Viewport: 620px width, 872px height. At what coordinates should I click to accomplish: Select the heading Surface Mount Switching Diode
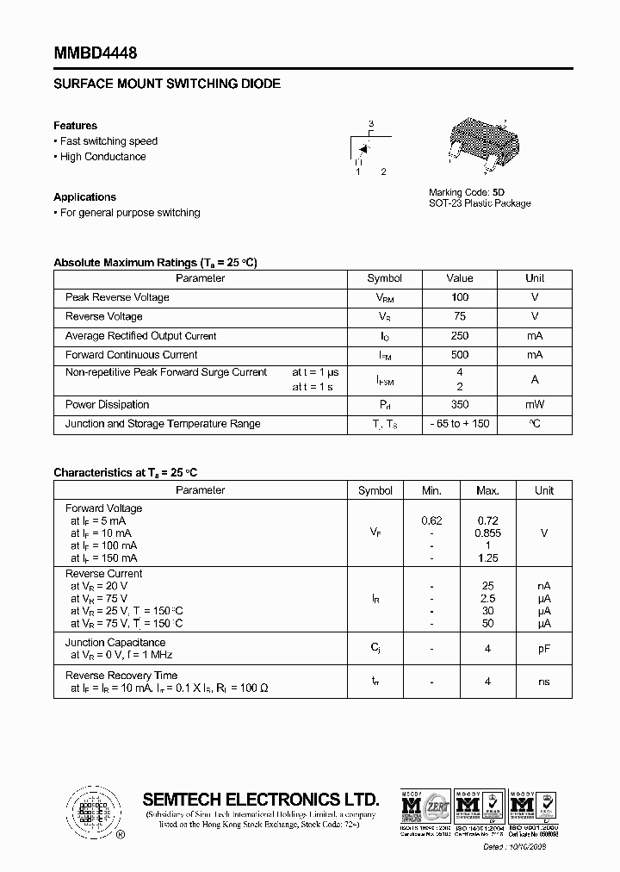coord(167,84)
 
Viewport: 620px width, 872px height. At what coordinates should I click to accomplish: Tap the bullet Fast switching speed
coord(108,141)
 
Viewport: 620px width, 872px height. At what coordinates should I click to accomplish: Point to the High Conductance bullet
coord(102,157)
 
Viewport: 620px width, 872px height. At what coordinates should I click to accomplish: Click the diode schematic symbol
coord(365,148)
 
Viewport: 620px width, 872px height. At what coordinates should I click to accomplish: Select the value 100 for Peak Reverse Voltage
coord(459,297)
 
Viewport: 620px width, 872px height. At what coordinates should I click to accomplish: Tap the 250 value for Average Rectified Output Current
coord(459,336)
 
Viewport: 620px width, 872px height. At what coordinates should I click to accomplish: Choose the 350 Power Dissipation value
coord(459,404)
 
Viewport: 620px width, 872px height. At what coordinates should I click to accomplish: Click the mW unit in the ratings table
coord(535,404)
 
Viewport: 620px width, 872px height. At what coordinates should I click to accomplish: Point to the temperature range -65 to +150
coord(459,424)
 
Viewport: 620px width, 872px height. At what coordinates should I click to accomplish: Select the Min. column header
coord(431,490)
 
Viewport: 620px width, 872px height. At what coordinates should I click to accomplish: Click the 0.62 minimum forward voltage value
coord(431,520)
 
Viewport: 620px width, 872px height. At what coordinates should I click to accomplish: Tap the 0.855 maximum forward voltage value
coord(487,533)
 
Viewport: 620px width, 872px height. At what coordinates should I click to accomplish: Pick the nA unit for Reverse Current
coord(544,586)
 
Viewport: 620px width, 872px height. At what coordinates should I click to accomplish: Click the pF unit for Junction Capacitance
coord(544,649)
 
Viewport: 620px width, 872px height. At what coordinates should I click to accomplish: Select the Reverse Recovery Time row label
coord(121,676)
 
